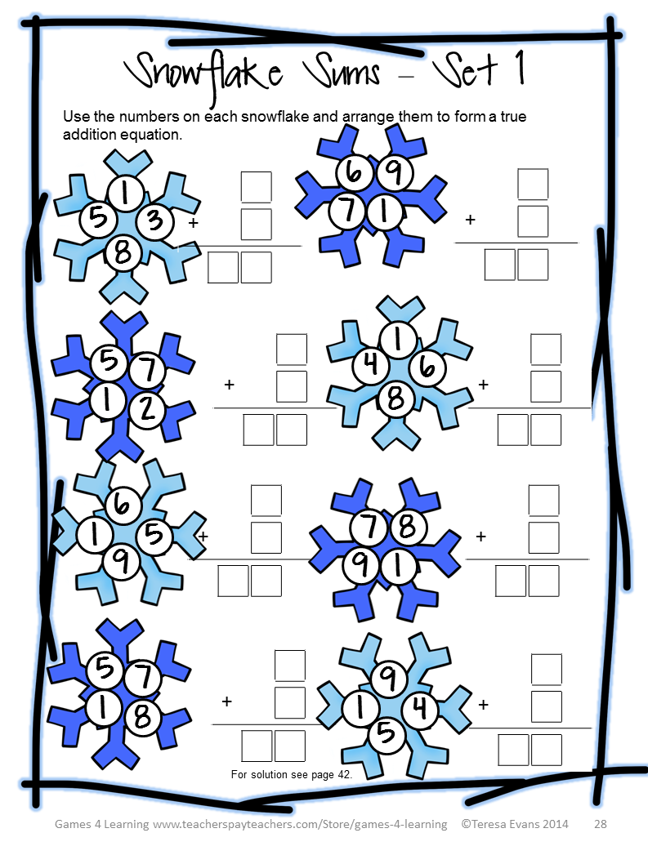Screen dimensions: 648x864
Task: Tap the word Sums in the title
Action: click(344, 73)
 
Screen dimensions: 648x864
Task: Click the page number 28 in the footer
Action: click(600, 824)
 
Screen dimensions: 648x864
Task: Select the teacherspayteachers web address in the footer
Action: click(300, 824)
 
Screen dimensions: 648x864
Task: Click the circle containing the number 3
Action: click(155, 221)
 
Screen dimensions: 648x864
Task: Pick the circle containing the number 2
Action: click(147, 409)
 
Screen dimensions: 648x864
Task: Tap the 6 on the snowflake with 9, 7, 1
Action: click(354, 172)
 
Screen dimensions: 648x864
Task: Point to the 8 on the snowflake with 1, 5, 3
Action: click(123, 253)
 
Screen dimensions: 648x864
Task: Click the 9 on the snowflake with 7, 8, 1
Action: click(360, 566)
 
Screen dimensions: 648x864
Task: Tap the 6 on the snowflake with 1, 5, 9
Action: click(121, 504)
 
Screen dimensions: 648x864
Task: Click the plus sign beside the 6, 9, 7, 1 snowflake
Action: click(470, 220)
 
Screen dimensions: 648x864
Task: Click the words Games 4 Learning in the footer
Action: click(101, 824)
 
